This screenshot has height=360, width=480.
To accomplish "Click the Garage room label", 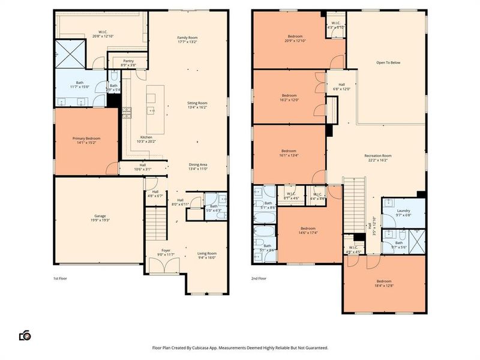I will pos(100,218).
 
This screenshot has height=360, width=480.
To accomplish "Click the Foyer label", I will pos(166,253).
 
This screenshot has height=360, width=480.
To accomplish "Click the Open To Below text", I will pos(388,62).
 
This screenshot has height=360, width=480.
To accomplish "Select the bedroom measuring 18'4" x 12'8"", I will pos(385,283).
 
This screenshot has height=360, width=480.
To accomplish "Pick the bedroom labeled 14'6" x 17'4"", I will pos(308,230).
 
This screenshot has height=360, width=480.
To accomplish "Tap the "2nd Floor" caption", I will pos(259,278).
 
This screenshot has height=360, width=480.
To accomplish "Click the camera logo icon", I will pos(25,335).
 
